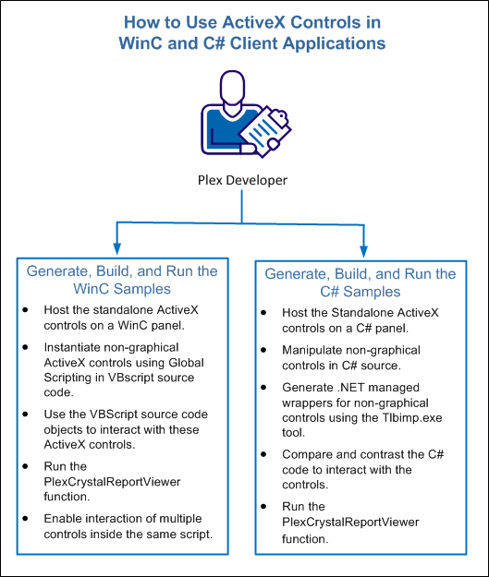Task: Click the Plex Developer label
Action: [x=243, y=178]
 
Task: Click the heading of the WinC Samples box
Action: [x=122, y=281]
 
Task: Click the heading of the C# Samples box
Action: [x=361, y=283]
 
